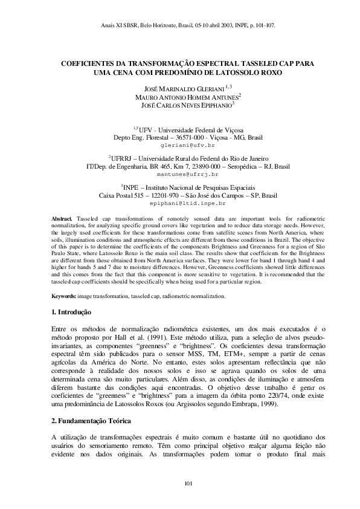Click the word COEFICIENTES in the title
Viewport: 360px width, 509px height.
[x=91, y=63]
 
